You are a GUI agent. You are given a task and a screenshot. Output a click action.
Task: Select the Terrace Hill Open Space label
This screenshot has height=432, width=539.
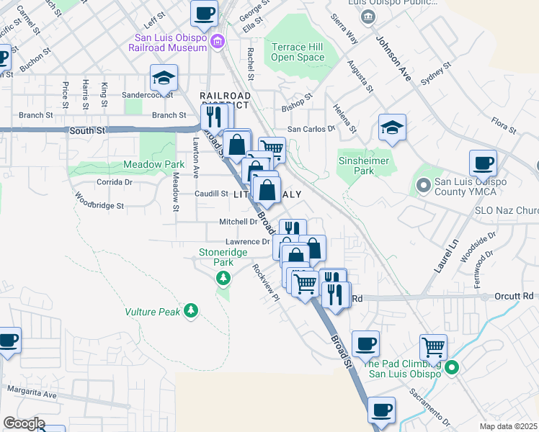[x=298, y=53]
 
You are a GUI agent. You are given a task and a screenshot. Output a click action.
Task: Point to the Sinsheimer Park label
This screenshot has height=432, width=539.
[x=356, y=166]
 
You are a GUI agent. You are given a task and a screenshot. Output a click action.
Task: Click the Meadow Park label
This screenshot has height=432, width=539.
[x=154, y=165]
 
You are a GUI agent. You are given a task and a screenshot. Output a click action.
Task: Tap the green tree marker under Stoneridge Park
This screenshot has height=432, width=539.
[x=224, y=277]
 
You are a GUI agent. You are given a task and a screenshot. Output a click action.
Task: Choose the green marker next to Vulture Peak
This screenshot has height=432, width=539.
[x=190, y=311]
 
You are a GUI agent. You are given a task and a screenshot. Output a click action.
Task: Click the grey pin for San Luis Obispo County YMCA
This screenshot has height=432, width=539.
[x=423, y=186]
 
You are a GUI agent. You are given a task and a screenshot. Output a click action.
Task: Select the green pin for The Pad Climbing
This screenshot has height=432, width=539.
[x=452, y=368]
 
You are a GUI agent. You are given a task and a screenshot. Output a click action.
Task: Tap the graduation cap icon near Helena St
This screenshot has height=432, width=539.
[x=392, y=128]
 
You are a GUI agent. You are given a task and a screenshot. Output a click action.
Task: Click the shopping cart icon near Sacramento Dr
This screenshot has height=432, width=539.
[x=433, y=347]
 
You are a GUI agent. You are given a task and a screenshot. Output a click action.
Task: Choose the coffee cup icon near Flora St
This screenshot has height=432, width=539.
[x=483, y=163]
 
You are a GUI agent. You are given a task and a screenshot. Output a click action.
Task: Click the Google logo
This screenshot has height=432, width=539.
[x=23, y=423]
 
